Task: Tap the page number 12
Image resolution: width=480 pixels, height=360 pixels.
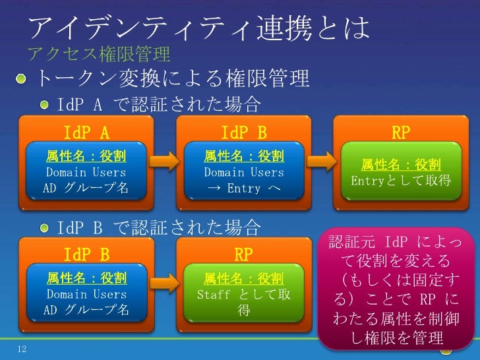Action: coord(22,348)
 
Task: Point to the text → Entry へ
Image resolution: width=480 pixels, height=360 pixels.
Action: coord(244,189)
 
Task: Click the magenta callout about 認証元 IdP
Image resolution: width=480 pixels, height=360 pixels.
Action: coord(396,289)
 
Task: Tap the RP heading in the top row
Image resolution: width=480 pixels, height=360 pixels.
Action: coord(401,134)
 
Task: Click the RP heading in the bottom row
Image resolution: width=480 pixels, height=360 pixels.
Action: coord(244,255)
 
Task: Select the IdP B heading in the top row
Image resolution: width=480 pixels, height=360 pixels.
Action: coord(244,134)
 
